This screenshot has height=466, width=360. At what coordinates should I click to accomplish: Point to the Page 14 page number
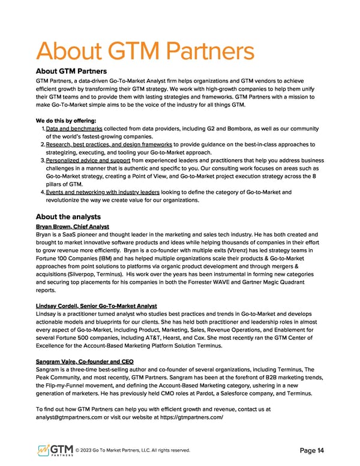click(311, 450)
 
